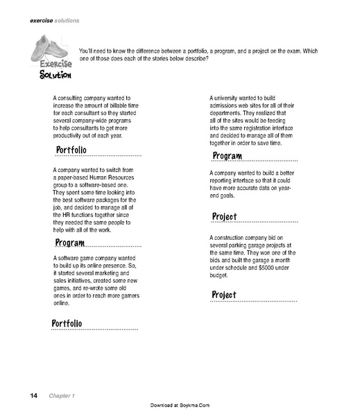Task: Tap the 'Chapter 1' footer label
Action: pos(62,395)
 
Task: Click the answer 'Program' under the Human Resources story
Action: pos(70,243)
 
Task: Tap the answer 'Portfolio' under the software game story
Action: pos(67,324)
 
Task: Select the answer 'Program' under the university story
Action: pos(228,155)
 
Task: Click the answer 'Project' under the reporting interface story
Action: pos(225,217)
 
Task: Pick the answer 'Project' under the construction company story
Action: pos(225,295)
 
